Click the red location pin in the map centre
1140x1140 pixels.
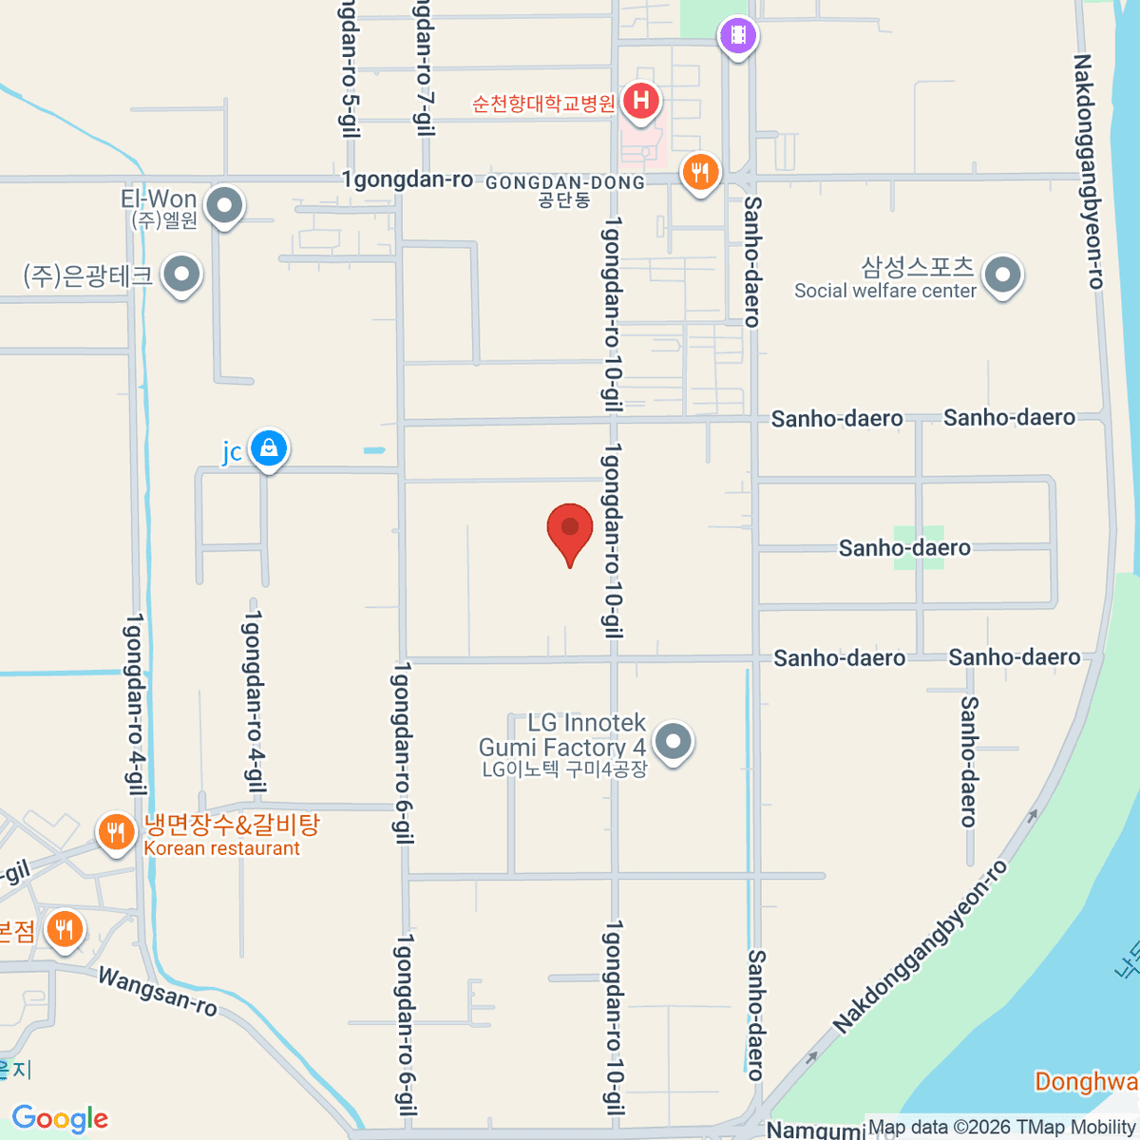pyautogui.click(x=570, y=529)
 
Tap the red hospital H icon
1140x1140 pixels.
pyautogui.click(x=641, y=100)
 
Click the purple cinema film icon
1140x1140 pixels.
pyautogui.click(x=738, y=37)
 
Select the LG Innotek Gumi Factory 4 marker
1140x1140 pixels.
pyautogui.click(x=674, y=740)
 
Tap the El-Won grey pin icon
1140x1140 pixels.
pyautogui.click(x=225, y=204)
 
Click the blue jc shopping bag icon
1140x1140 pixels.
pyautogui.click(x=269, y=447)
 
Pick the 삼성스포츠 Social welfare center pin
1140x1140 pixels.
pyautogui.click(x=1002, y=275)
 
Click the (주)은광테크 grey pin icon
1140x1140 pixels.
pyautogui.click(x=181, y=275)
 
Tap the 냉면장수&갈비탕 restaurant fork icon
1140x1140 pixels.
pyautogui.click(x=116, y=833)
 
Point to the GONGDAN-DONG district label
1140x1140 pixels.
pyautogui.click(x=565, y=182)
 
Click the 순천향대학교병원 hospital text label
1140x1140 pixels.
pyautogui.click(x=544, y=103)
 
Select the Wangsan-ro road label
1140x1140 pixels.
pyautogui.click(x=157, y=991)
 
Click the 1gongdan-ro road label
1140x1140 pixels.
pyautogui.click(x=408, y=180)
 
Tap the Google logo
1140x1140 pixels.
pyautogui.click(x=60, y=1119)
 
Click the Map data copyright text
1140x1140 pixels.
pyautogui.click(x=1001, y=1128)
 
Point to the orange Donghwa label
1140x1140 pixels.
pyautogui.click(x=1086, y=1081)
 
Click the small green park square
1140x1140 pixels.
pyautogui.click(x=919, y=547)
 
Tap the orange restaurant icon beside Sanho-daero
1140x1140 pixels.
pyautogui.click(x=700, y=172)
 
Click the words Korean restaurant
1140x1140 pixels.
pyautogui.click(x=222, y=848)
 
